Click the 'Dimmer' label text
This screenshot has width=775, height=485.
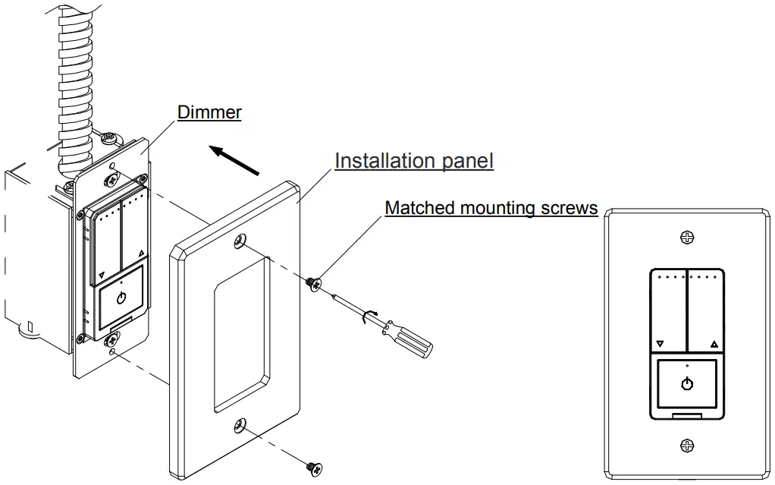(209, 112)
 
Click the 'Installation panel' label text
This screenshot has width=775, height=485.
(414, 161)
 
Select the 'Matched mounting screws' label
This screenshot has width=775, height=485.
(491, 207)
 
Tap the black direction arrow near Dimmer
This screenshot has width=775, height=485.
(235, 161)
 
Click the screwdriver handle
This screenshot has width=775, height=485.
(410, 339)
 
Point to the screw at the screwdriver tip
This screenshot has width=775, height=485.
(312, 283)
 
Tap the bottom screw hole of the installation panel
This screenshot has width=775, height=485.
(241, 427)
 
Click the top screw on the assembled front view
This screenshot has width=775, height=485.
(687, 238)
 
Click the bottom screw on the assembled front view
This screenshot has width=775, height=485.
(687, 445)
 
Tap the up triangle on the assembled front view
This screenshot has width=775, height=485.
(714, 344)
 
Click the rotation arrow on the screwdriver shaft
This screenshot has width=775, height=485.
(370, 317)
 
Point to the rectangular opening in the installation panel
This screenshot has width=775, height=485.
(240, 334)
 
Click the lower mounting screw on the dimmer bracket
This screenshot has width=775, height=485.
(112, 339)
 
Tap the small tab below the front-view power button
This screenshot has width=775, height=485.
(687, 414)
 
